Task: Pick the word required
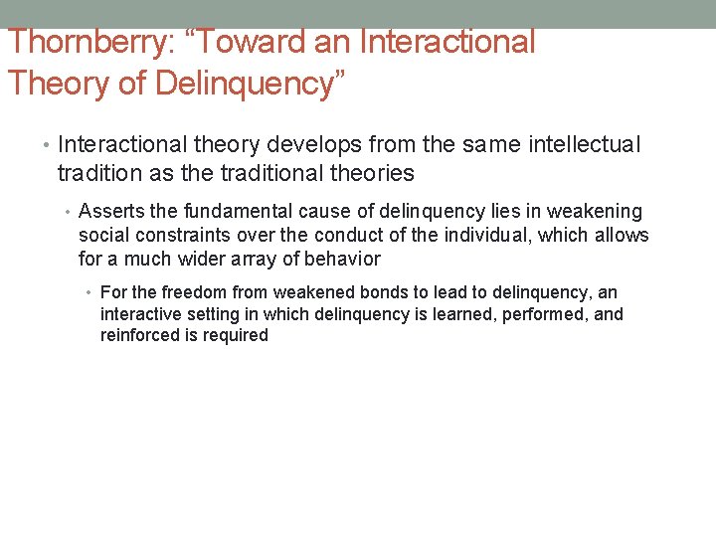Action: (239, 335)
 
